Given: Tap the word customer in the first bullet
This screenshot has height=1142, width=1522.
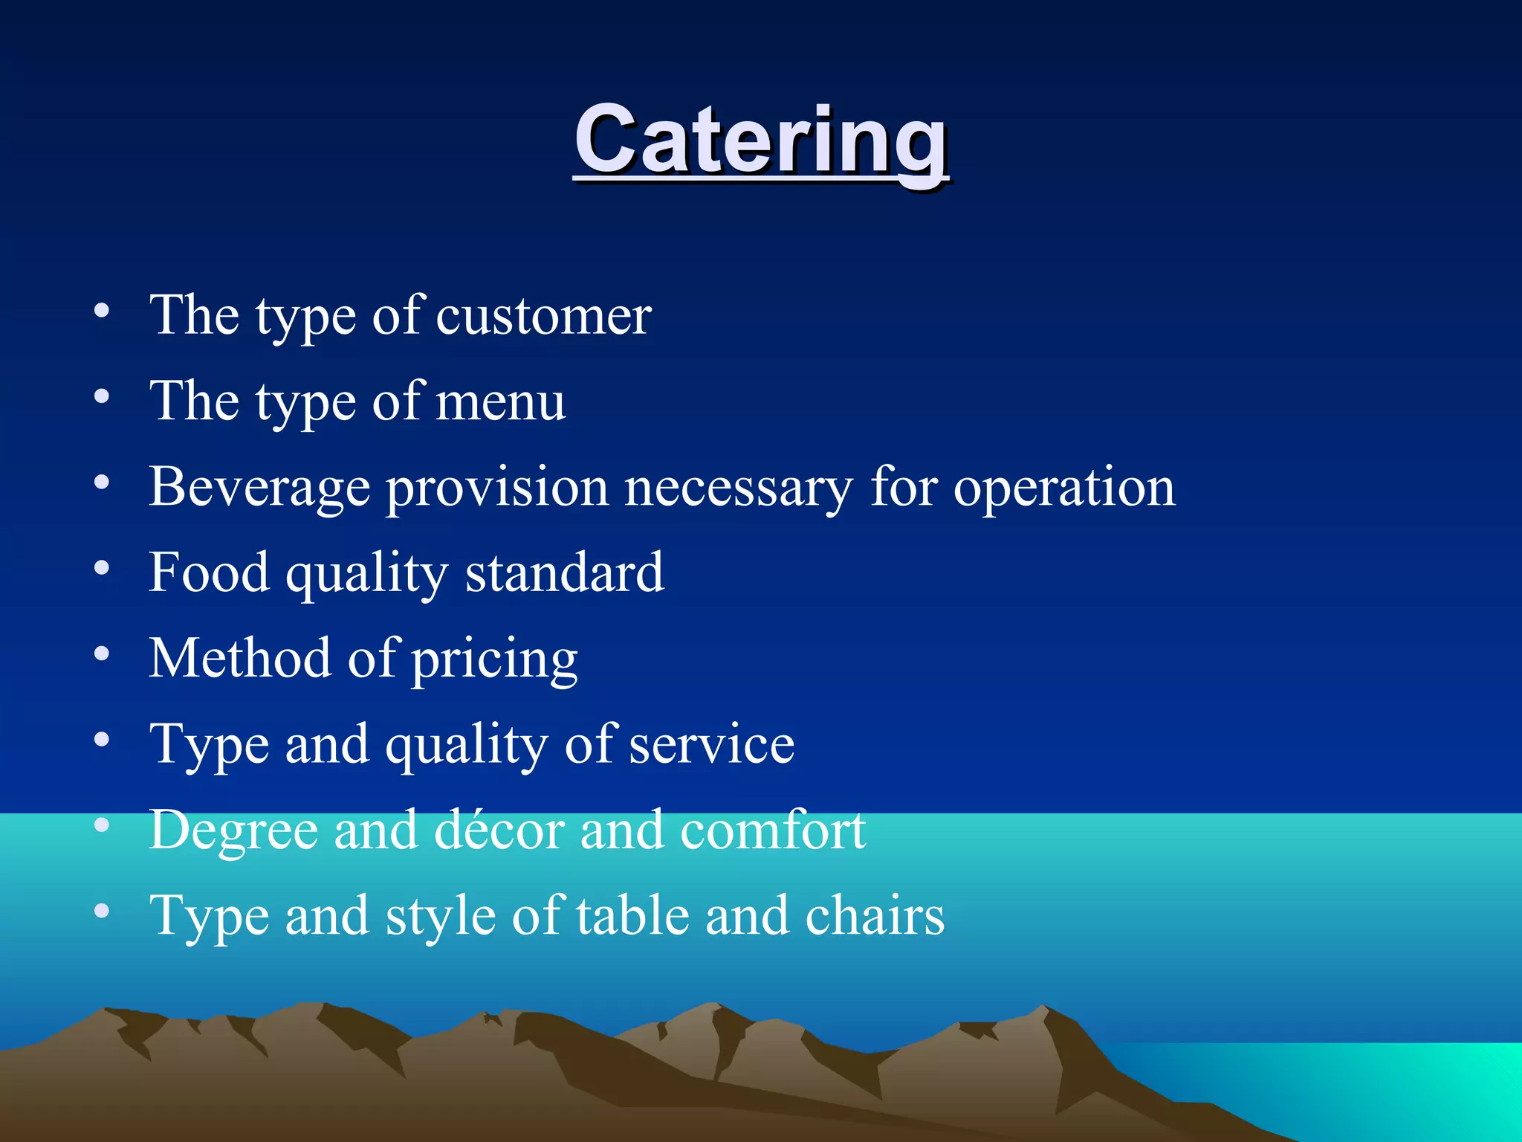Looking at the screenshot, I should tap(543, 316).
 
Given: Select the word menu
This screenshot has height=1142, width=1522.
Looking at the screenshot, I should tap(500, 401).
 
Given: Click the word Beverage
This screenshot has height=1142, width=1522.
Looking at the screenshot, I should tap(259, 487).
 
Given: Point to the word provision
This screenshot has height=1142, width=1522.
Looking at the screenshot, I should tap(497, 487).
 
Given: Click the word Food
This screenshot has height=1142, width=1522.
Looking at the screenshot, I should tap(209, 572).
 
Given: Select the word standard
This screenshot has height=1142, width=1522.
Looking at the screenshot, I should tap(564, 572).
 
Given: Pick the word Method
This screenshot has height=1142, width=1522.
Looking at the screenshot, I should tap(239, 658).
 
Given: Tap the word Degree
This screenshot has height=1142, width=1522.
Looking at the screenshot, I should tap(233, 830).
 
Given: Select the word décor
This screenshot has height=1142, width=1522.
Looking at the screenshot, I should tap(499, 829).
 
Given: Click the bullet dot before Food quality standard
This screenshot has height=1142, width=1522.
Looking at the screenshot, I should tap(102, 569).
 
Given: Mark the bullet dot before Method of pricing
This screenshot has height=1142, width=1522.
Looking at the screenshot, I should tap(102, 654).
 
